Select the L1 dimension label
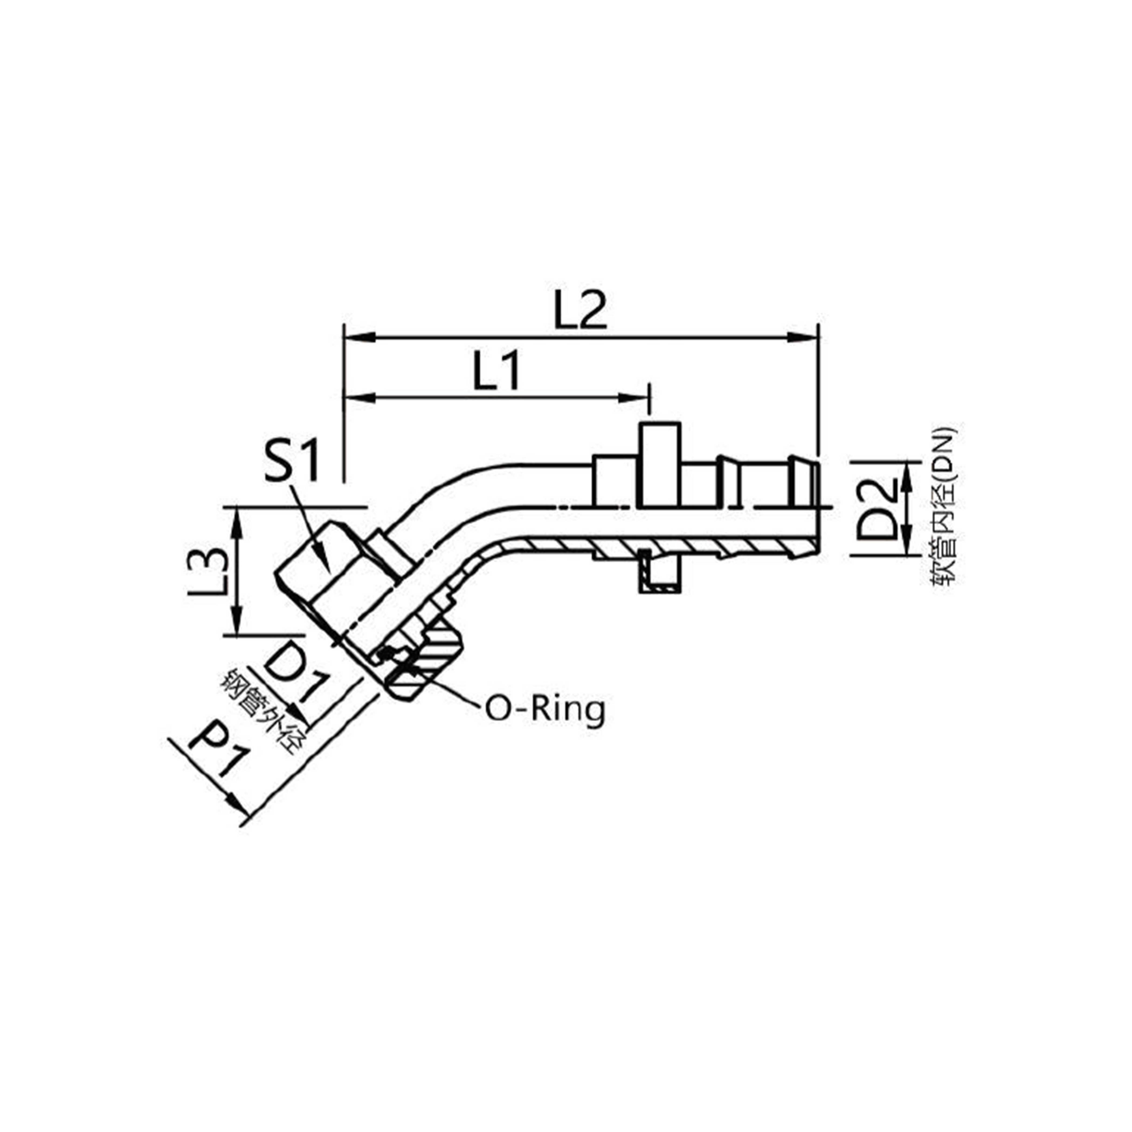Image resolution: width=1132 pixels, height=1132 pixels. coord(496,371)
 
